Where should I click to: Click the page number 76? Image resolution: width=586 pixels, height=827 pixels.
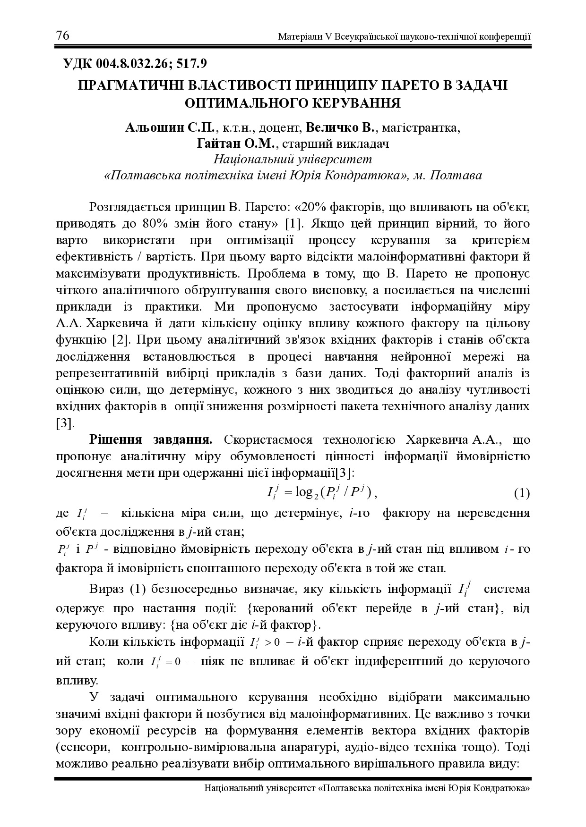point(63,36)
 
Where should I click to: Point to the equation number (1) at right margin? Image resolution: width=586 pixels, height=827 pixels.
point(522,494)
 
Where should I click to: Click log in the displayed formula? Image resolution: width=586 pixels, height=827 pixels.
point(304,493)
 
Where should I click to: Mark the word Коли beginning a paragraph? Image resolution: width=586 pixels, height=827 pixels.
point(103,642)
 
